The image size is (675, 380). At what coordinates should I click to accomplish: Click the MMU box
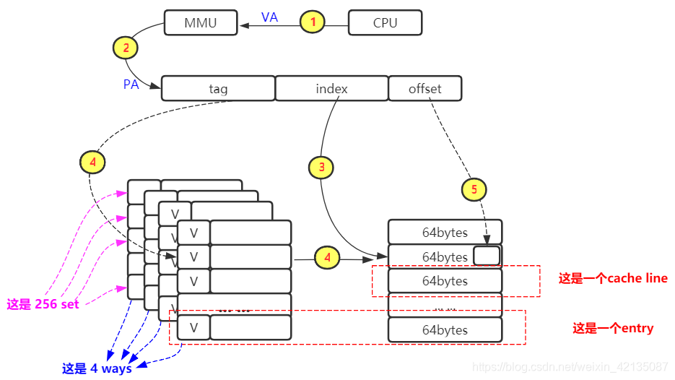201,22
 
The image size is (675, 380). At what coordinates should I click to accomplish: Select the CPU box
385,22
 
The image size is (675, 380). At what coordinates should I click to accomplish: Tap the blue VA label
269,17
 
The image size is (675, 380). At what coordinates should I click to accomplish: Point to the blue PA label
131,85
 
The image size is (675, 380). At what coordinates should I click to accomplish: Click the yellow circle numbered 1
313,22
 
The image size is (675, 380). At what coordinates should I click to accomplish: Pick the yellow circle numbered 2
126,48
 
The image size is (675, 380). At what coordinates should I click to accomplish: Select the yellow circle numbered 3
321,168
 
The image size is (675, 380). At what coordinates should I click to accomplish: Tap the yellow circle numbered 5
474,190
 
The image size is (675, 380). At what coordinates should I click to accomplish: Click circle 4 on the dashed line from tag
92,163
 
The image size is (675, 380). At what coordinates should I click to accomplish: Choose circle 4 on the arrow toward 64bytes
327,256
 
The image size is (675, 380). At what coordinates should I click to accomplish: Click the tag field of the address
218,89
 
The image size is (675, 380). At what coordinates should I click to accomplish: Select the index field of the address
331,89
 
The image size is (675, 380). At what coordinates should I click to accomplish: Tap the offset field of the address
424,89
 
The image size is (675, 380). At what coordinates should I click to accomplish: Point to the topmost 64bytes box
445,233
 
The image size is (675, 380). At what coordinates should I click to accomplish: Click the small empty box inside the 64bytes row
487,256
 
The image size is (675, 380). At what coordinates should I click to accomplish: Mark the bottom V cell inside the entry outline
193,327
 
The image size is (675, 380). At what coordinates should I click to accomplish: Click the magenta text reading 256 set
43,304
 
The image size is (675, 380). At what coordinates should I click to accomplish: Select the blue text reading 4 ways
97,368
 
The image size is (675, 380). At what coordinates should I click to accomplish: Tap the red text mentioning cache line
612,278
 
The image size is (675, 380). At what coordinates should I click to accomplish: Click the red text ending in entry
613,328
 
